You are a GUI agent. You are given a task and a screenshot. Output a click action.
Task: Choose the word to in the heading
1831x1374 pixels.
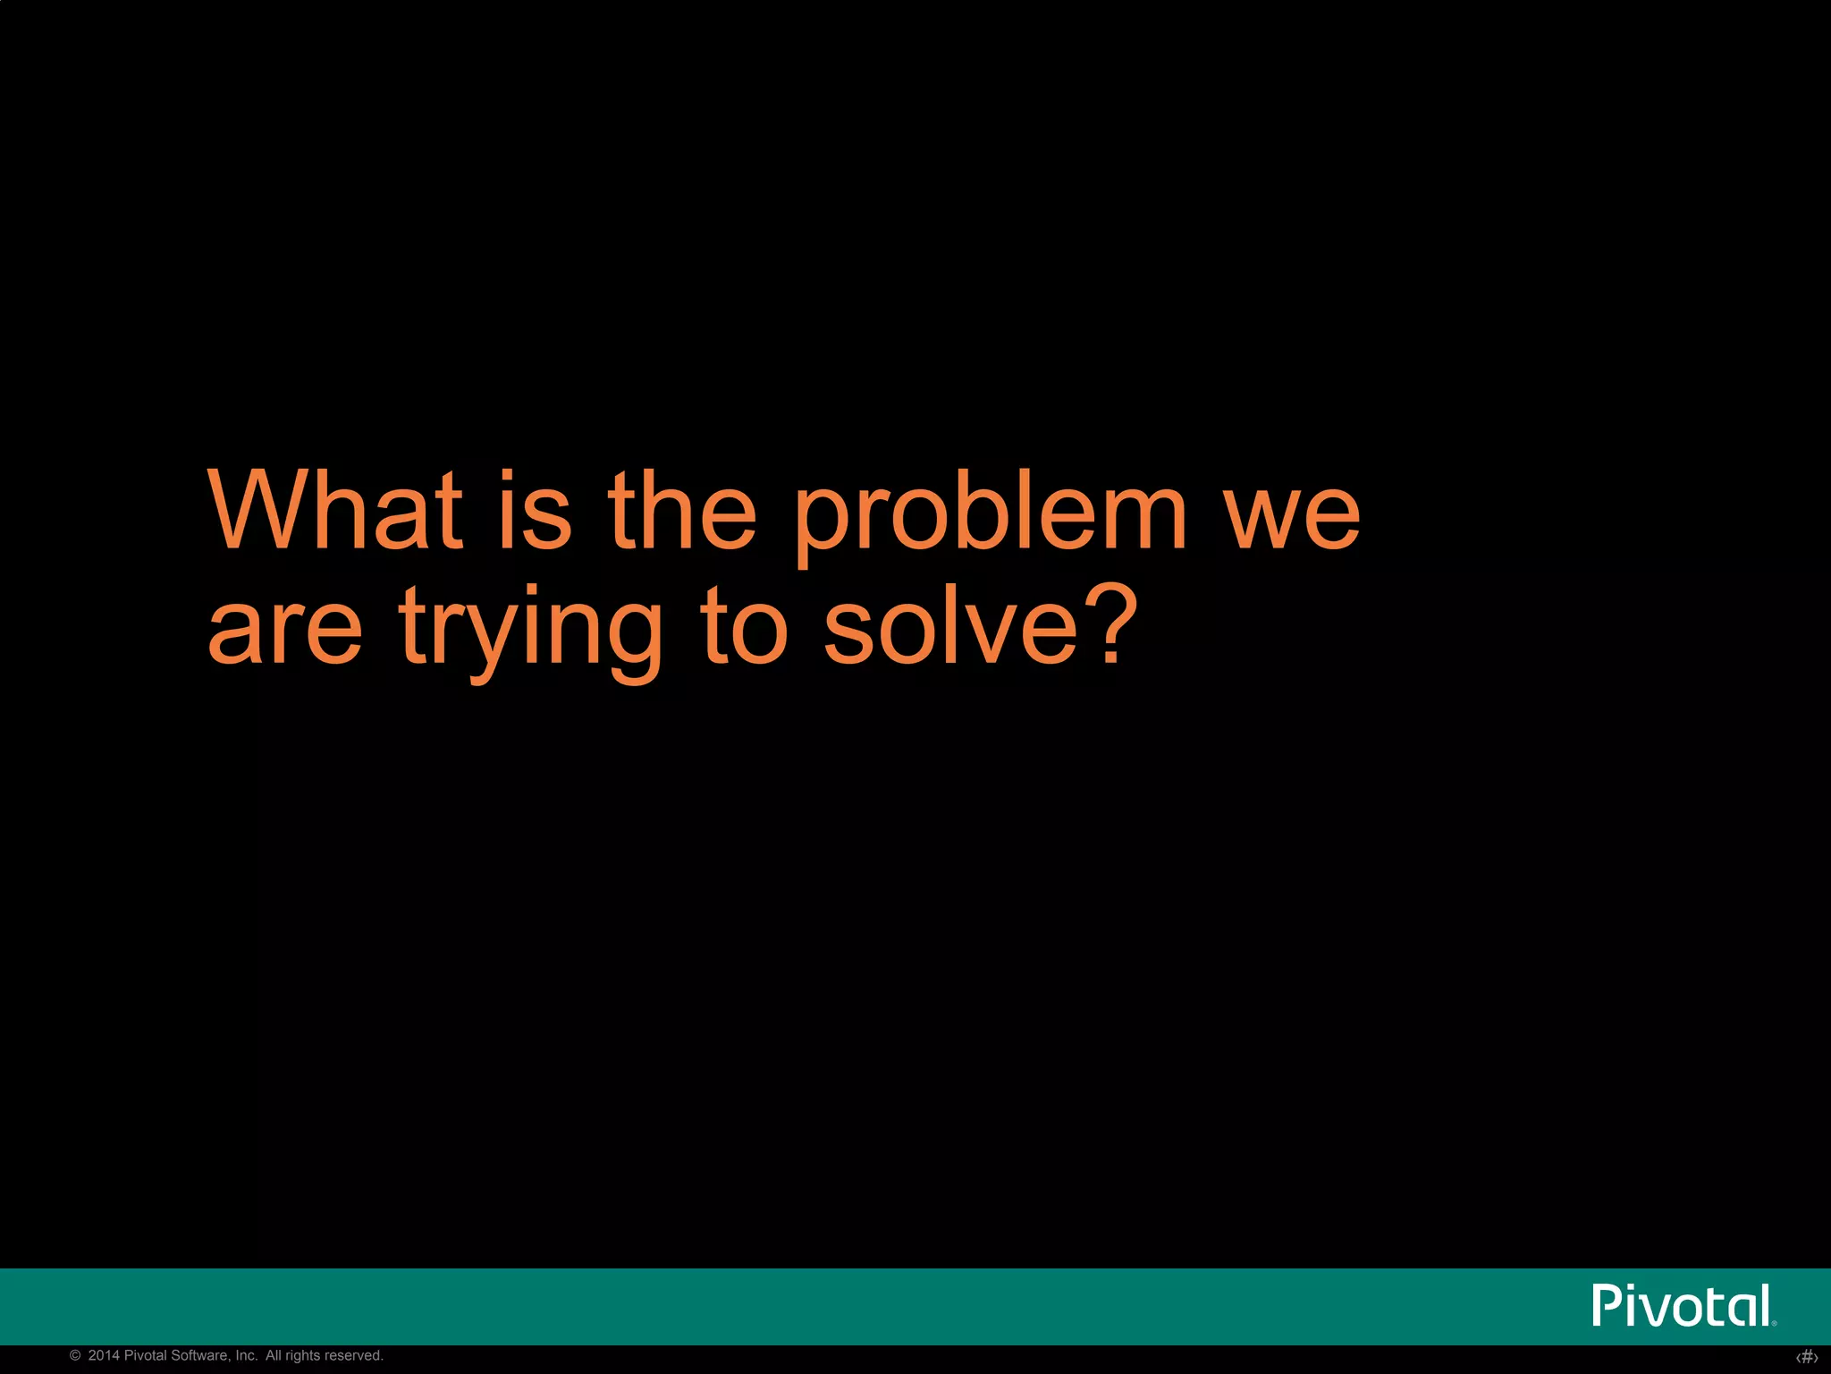click(x=744, y=626)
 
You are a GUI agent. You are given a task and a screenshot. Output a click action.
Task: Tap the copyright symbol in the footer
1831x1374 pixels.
click(x=75, y=1356)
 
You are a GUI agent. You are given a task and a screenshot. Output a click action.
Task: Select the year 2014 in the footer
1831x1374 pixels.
click(x=104, y=1356)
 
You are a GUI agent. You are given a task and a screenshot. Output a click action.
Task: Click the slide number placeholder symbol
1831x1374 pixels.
click(x=1807, y=1357)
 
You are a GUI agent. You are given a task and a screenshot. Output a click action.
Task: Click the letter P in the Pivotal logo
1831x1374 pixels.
click(x=1607, y=1306)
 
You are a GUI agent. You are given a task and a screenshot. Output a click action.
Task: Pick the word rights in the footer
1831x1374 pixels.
click(x=304, y=1356)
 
